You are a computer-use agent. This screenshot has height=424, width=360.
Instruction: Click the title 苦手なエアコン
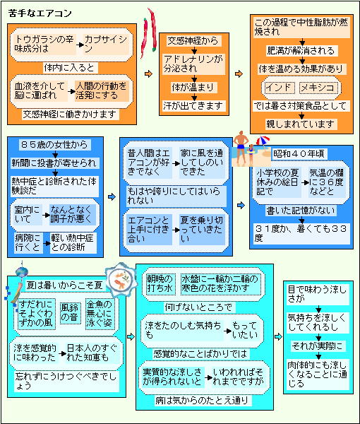[40, 13]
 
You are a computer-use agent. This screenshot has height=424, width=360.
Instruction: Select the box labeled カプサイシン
[106, 44]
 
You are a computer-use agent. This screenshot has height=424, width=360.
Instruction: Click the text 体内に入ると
[69, 68]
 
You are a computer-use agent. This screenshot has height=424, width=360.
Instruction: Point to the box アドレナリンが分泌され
[193, 64]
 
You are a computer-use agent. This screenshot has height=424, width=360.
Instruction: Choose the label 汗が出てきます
[193, 106]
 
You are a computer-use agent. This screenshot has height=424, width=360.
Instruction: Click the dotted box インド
[279, 88]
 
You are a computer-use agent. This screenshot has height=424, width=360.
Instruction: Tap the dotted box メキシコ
[318, 88]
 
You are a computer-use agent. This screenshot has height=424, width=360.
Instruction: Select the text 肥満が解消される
[301, 51]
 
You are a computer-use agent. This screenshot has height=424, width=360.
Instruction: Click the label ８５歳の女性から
[54, 145]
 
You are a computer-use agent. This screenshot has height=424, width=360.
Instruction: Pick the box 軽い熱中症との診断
[73, 243]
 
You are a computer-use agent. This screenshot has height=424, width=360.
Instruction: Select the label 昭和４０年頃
[299, 154]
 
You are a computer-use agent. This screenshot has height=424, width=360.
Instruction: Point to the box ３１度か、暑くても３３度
[301, 233]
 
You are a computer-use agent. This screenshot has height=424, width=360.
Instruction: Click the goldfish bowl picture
[119, 279]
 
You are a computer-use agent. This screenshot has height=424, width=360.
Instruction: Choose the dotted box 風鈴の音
[70, 313]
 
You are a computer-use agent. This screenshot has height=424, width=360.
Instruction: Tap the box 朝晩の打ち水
[160, 283]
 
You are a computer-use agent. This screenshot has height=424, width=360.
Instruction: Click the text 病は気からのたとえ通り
[202, 400]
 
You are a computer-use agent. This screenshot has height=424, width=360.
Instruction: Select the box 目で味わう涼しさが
[317, 294]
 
